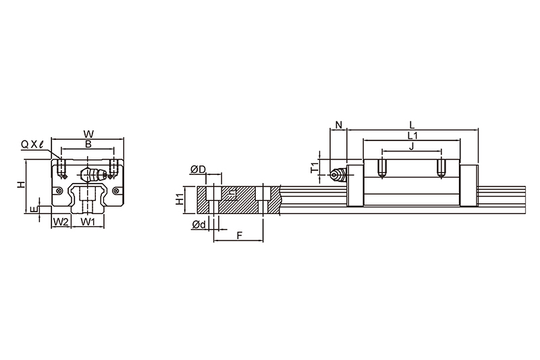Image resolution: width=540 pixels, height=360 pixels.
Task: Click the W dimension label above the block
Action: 88,134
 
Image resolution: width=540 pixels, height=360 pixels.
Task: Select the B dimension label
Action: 88,145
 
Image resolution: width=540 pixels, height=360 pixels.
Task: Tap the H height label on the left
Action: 22,184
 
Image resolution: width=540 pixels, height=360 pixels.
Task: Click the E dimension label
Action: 33,209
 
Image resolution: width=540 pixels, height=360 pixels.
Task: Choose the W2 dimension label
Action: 61,222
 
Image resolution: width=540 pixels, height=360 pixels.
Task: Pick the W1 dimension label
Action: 88,222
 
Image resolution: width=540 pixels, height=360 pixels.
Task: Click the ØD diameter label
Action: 198,169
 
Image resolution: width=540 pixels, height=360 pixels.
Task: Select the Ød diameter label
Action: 198,225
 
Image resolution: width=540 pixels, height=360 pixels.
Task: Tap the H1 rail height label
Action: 180,200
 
